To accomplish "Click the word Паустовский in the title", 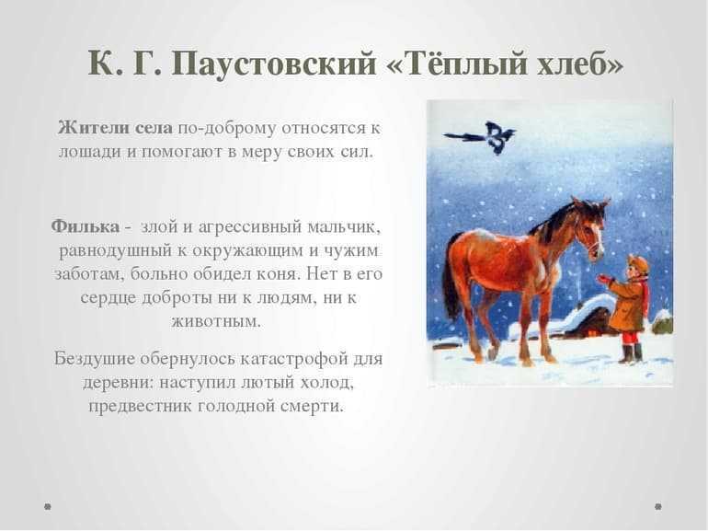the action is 274,63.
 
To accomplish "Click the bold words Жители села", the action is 115,128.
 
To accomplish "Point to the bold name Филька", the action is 85,226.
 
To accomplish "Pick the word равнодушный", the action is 116,251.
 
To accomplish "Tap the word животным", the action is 216,321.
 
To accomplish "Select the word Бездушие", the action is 95,359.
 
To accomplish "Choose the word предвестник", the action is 141,406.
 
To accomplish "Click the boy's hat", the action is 637,264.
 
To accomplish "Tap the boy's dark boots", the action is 631,353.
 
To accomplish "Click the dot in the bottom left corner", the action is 48,506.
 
